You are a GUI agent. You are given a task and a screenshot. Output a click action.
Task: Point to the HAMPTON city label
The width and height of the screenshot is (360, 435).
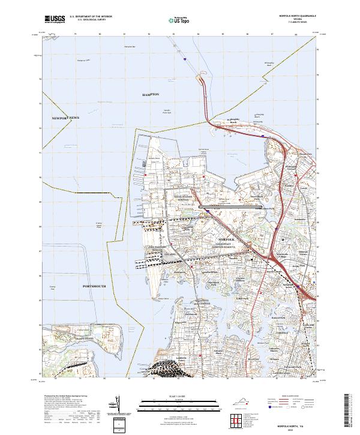[151, 95]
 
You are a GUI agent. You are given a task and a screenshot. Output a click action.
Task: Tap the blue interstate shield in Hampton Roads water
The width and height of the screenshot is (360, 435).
[185, 59]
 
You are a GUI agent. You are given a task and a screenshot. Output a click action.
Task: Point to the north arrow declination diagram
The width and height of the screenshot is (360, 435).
[118, 408]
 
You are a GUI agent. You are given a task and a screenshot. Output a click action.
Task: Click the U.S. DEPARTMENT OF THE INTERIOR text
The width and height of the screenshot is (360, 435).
[91, 17]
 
